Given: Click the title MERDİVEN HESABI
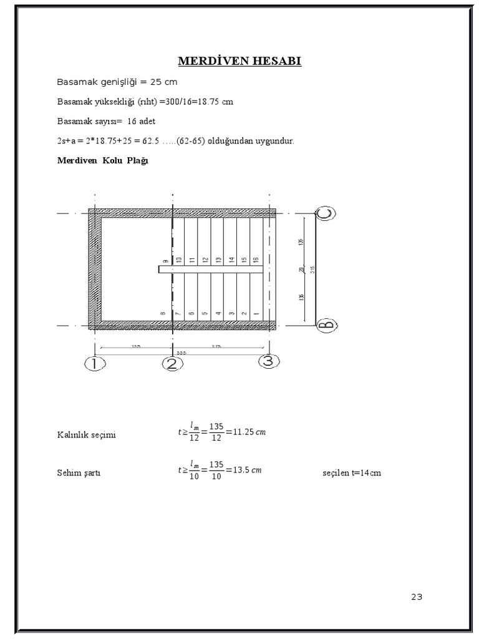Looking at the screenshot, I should (239, 61).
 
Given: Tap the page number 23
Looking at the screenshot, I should (417, 597).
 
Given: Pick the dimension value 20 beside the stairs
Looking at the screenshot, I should (302, 270).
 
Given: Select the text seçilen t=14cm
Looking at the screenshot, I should (352, 473).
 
